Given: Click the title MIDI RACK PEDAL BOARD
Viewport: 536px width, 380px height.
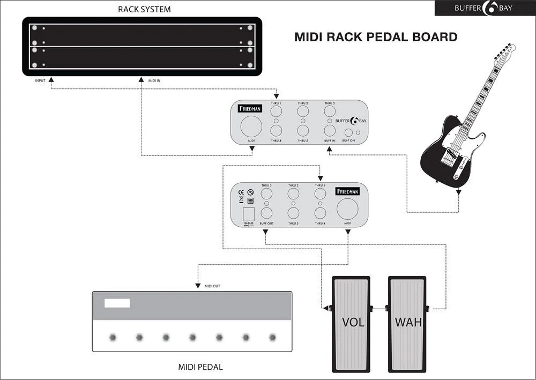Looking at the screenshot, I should (376, 37).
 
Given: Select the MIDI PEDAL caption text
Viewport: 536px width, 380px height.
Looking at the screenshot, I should (200, 367).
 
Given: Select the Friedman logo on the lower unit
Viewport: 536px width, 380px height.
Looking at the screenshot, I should (347, 191).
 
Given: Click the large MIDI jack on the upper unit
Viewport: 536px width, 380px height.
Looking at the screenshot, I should (251, 127).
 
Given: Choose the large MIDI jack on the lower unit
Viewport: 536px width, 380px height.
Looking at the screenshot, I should (347, 209).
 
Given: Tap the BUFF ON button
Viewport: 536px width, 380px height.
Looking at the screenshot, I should (348, 132).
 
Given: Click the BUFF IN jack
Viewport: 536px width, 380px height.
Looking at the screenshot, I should (330, 130).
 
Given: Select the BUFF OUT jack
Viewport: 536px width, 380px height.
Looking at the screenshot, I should (266, 213).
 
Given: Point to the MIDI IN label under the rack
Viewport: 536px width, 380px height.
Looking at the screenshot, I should (153, 80).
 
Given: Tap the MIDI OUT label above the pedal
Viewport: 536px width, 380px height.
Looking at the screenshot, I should (212, 286).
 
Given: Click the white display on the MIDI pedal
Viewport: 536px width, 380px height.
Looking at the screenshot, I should (117, 303).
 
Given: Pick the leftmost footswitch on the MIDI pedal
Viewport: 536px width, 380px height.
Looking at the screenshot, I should (113, 337).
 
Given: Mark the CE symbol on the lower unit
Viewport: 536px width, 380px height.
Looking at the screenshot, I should (241, 191).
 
